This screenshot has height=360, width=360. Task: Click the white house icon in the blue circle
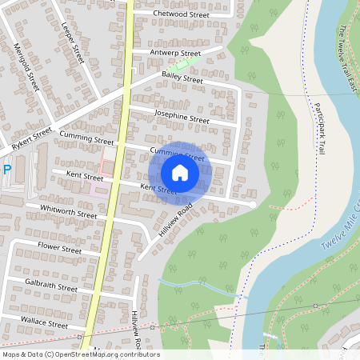click(x=180, y=173)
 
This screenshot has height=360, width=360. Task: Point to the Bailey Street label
click(x=182, y=78)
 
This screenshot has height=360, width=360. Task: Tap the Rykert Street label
click(x=31, y=138)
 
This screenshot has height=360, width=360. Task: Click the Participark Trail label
click(x=319, y=127)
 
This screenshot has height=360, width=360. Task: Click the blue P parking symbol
click(x=6, y=170)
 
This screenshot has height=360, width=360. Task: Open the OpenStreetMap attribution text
click(x=81, y=354)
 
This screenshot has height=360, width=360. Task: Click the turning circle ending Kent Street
click(x=253, y=205)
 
